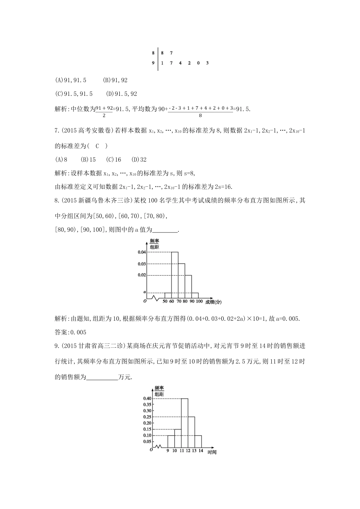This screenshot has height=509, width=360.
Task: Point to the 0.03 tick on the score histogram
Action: click(142, 264)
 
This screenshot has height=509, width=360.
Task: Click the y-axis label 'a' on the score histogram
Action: click(144, 292)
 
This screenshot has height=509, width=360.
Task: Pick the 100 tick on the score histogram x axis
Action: click(199, 301)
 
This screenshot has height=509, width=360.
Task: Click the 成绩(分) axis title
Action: click(213, 302)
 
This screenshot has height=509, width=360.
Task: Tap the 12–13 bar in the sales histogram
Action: click(191, 432)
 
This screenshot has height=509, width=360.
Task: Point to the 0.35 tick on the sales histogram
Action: click(147, 404)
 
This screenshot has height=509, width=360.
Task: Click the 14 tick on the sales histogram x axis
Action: click(201, 451)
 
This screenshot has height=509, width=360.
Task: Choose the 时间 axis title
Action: click(212, 453)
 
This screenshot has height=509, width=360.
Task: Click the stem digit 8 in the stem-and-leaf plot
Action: click(153, 53)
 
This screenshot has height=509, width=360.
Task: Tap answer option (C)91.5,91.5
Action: click(74, 94)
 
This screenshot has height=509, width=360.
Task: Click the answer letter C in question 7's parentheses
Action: click(97, 146)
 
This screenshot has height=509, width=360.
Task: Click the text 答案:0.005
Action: click(71, 333)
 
